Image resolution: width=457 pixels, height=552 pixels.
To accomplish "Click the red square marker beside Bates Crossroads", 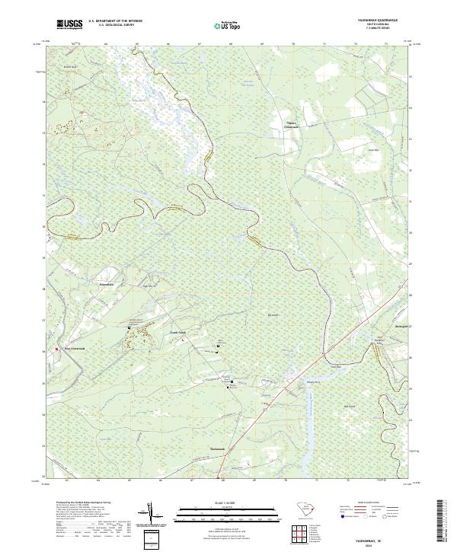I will click(57, 350).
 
